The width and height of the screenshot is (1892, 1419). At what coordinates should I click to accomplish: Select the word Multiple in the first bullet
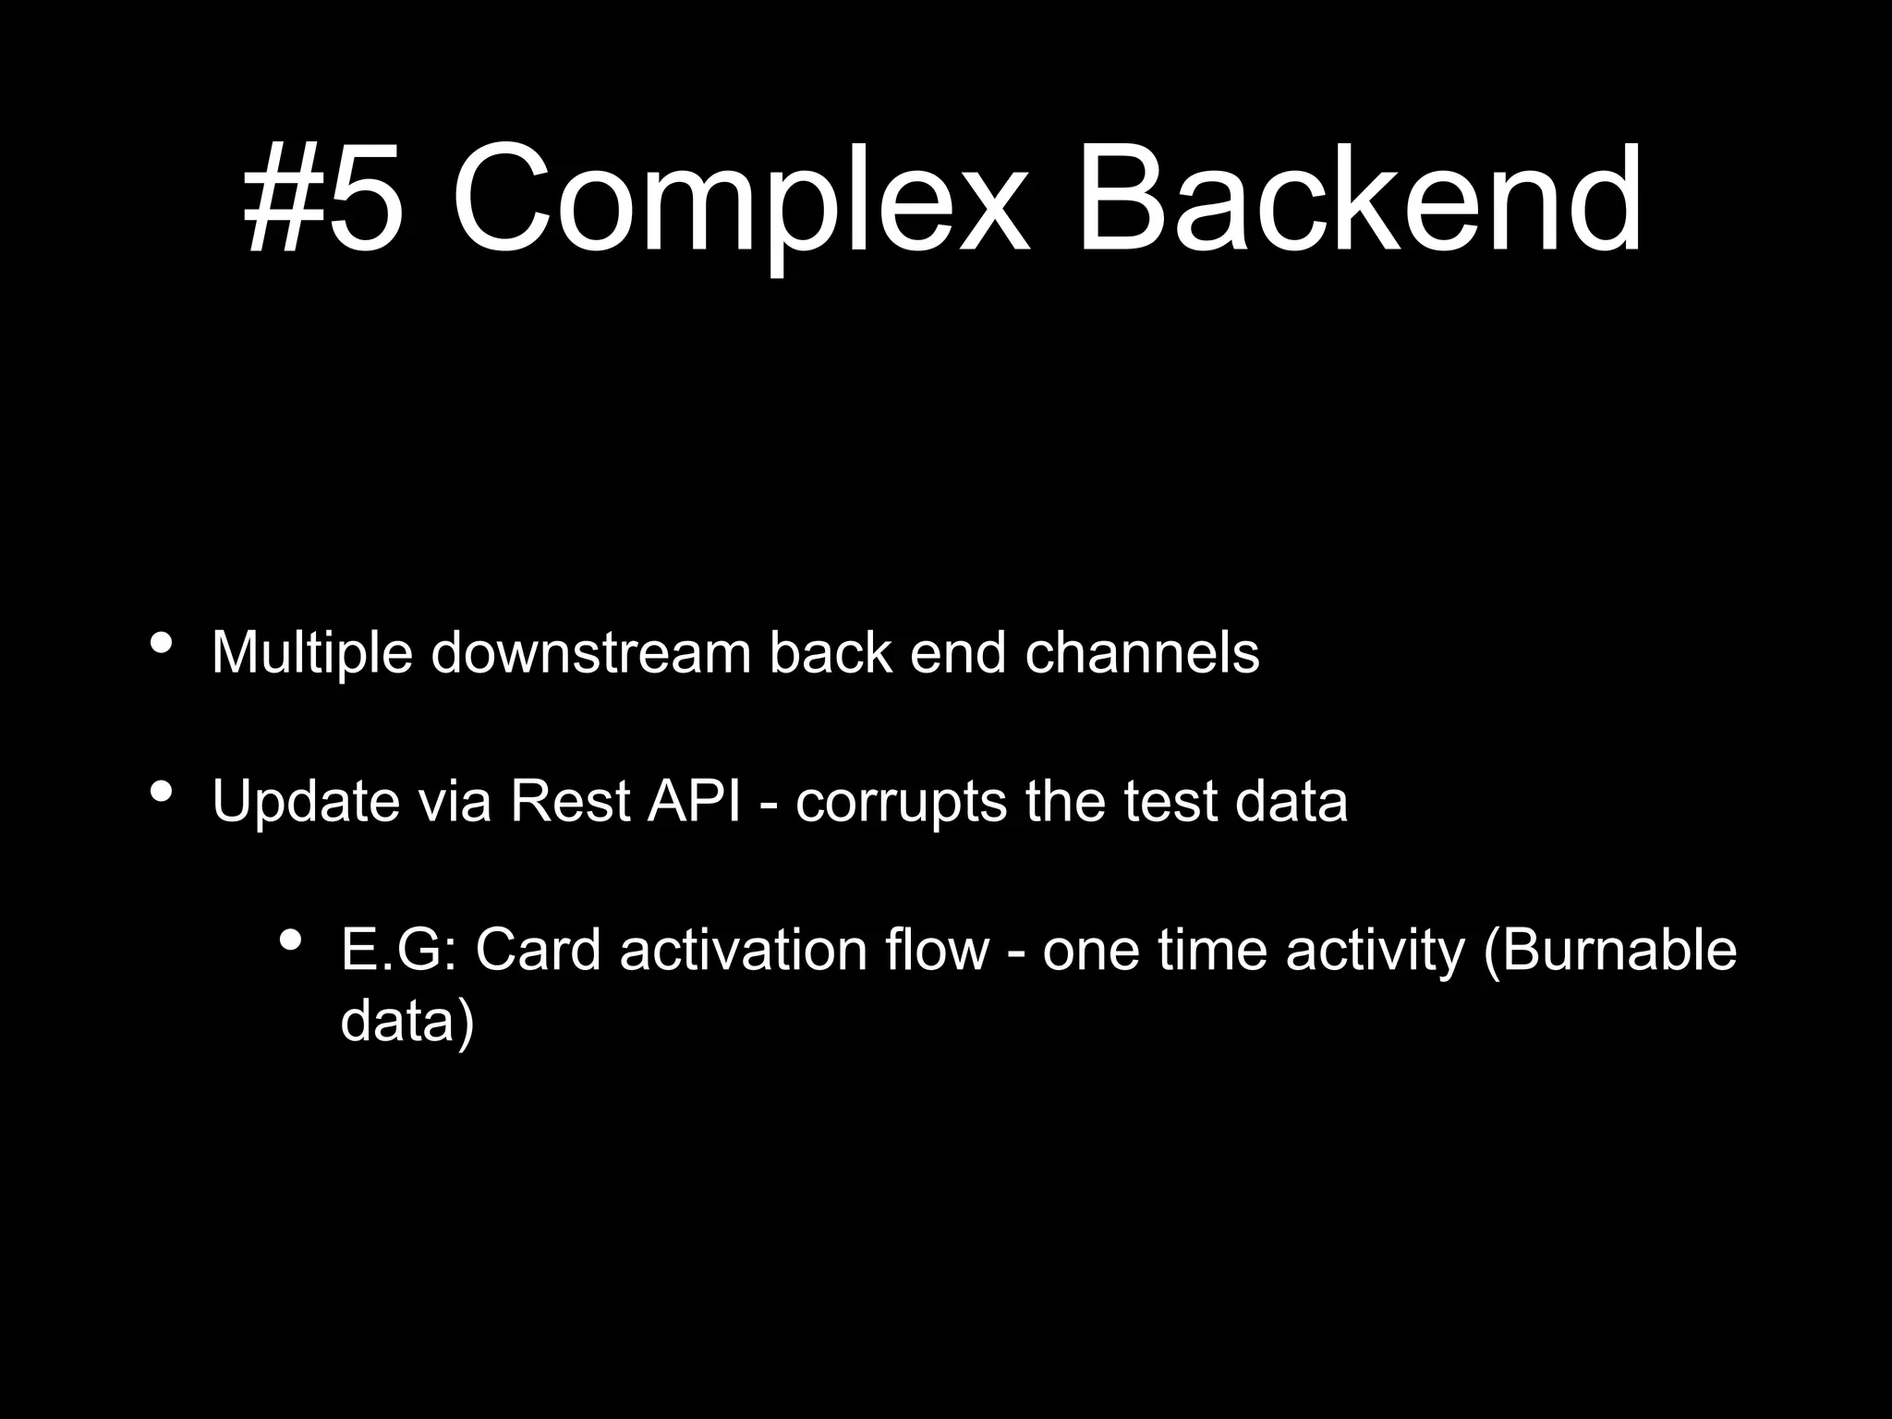pos(311,653)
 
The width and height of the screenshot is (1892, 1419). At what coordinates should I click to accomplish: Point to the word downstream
pos(591,652)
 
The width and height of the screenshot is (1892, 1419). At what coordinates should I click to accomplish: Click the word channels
pos(1142,652)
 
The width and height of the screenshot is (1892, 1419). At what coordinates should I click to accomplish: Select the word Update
pos(306,801)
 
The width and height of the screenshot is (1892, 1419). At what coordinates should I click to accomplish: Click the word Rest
pos(570,801)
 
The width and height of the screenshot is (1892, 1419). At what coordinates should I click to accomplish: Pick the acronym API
pos(694,801)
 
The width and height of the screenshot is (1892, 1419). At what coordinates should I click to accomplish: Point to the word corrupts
pos(901,803)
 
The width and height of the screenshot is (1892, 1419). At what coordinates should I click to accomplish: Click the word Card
pos(538,950)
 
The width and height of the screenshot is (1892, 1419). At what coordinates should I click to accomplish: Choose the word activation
pos(743,950)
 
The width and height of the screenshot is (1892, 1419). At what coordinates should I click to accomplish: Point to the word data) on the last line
pos(407,1022)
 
